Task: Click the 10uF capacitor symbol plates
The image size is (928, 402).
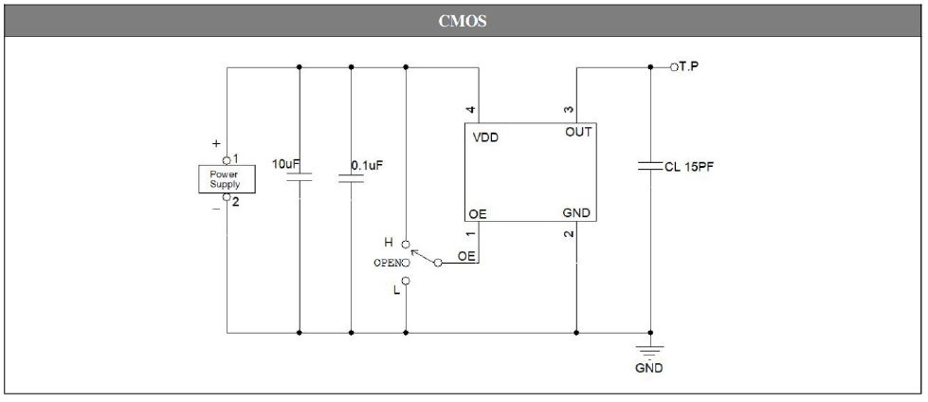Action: click(299, 178)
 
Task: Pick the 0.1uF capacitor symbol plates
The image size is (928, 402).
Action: click(351, 178)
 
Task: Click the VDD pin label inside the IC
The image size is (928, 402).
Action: click(486, 137)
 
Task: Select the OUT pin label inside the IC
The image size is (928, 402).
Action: click(577, 135)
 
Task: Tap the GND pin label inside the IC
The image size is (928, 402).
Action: click(577, 214)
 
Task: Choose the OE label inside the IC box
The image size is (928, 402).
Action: click(479, 214)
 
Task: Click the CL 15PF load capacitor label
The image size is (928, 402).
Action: click(696, 167)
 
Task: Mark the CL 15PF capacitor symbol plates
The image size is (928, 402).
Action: click(651, 167)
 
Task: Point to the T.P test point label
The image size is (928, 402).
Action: click(690, 67)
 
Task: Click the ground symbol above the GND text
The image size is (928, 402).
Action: click(651, 347)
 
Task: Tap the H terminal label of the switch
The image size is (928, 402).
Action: click(389, 243)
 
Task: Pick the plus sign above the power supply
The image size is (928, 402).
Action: click(216, 142)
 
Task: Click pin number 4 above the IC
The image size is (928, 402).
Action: click(471, 111)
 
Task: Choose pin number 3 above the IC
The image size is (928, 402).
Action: click(570, 111)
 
